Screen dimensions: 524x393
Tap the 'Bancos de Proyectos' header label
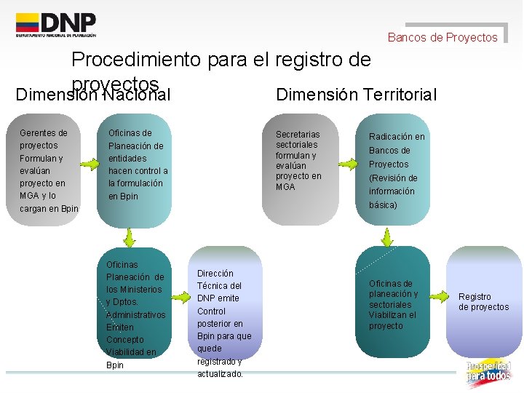tap(442, 37)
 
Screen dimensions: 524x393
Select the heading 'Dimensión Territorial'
tap(357, 95)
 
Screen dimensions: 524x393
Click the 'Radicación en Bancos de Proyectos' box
tap(397, 170)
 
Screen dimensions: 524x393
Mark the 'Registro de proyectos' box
tap(483, 302)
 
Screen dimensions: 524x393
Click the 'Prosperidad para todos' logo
tap(488, 372)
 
